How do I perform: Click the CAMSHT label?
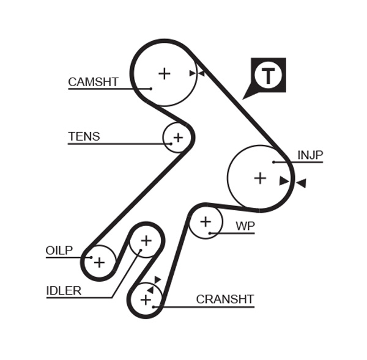point(93,82)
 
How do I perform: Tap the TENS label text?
point(84,136)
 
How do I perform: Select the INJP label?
point(310,155)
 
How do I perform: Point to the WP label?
point(245,226)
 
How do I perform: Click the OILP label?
point(59,251)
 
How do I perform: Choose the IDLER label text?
point(64,290)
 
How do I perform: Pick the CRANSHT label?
point(224,299)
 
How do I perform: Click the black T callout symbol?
point(268,76)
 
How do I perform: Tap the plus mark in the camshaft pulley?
point(164,73)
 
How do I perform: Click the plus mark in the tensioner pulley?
point(177,138)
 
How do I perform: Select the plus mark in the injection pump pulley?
point(260,178)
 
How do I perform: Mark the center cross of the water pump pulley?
point(206,221)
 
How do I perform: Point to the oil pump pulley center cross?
point(99,262)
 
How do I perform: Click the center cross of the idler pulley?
point(146,240)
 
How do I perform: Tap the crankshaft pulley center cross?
point(146,300)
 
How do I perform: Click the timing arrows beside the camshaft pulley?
point(196,73)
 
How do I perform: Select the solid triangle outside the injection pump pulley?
point(300,183)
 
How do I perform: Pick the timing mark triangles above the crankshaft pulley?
point(154,284)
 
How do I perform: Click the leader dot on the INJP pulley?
point(274,162)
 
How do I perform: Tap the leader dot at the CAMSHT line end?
point(150,89)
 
